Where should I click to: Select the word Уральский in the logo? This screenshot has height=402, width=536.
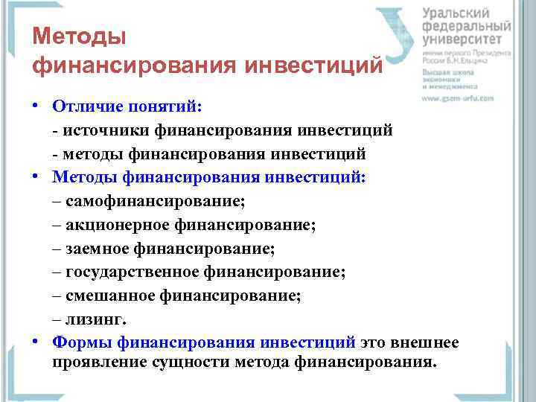pos(456,14)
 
